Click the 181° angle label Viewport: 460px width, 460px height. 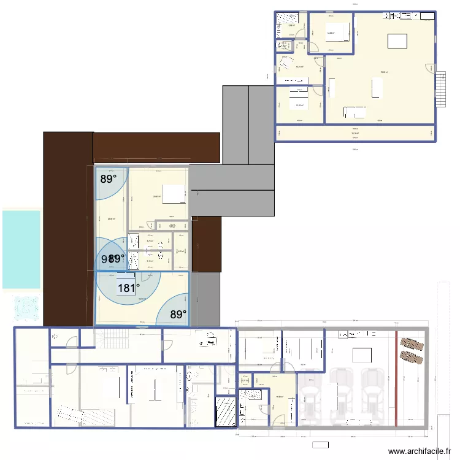pos(129,288)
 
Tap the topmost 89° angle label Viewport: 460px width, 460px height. pos(109,179)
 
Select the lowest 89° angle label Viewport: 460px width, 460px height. pos(178,315)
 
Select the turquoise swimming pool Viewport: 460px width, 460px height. pos(21,249)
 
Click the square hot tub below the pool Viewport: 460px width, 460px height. pos(25,309)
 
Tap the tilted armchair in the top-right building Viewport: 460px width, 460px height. pos(286,64)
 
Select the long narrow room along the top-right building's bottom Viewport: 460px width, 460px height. pos(355,133)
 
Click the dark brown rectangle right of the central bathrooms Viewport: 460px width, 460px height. pos(207,244)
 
